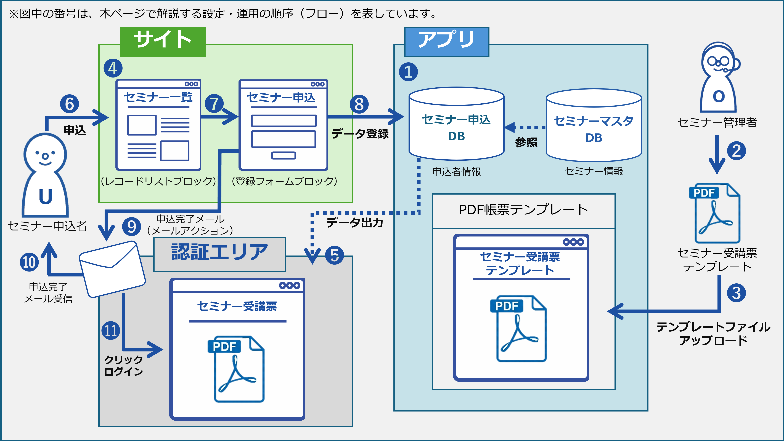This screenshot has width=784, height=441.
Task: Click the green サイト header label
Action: pyautogui.click(x=163, y=42)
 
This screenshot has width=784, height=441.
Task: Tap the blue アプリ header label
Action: pyautogui.click(x=446, y=42)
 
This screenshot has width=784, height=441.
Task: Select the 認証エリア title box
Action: pyautogui.click(x=219, y=254)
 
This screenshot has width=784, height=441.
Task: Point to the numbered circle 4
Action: pyautogui.click(x=113, y=68)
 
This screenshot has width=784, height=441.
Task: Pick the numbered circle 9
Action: pyautogui.click(x=131, y=227)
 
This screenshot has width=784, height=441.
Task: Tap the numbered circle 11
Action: pyautogui.click(x=111, y=330)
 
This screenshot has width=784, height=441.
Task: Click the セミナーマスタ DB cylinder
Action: pyautogui.click(x=594, y=125)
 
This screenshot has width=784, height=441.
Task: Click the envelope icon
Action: pyautogui.click(x=112, y=269)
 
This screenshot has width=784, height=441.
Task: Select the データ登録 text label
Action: pyautogui.click(x=360, y=133)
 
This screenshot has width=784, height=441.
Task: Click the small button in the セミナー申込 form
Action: pyautogui.click(x=283, y=155)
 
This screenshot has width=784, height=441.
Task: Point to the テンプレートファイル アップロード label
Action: pyautogui.click(x=713, y=334)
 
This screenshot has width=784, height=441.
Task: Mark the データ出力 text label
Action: pyautogui.click(x=355, y=223)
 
